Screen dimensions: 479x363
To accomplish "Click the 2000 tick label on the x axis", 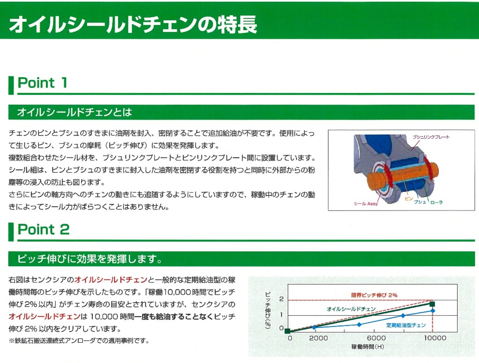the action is point(318,338).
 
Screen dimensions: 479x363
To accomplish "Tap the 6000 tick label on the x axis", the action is point(376,338).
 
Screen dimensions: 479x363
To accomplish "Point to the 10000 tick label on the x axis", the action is point(435,338).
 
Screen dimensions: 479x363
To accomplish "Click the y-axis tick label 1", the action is point(282,315).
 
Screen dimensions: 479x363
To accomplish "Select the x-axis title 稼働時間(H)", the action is point(368,347).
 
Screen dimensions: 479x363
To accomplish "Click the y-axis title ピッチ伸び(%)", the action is point(268,310).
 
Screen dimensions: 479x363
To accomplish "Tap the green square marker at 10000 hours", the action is point(432,304).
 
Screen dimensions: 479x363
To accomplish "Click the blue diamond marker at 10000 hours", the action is point(432,311).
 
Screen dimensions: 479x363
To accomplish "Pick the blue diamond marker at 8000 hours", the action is point(403,316).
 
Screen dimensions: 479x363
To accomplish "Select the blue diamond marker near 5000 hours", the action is point(359,325).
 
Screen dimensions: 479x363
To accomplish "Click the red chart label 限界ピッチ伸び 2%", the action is point(374,295).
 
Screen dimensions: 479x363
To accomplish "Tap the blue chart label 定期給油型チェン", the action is point(406,325).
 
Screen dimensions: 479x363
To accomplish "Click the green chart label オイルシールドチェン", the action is point(351,309).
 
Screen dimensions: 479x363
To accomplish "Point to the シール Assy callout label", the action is point(366,204).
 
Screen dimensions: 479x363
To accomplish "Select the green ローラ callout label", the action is point(436,202).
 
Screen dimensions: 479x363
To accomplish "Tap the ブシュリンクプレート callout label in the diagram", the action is point(431,137).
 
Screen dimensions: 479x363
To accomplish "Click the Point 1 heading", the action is point(42,83).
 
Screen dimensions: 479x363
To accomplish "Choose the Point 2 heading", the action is point(44,229).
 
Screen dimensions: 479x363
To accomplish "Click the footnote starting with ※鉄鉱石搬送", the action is point(79,341).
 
